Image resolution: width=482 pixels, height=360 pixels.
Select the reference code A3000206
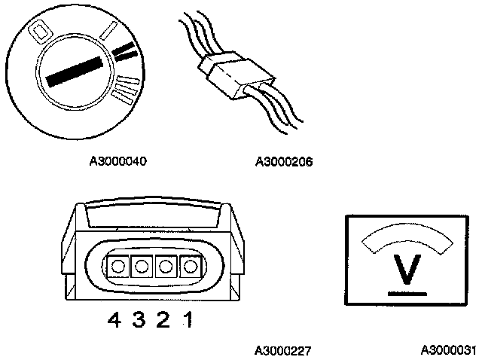[284, 161]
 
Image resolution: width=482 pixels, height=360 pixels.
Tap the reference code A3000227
[283, 350]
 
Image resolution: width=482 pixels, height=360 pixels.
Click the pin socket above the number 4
[117, 265]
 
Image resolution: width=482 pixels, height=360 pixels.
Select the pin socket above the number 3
[141, 265]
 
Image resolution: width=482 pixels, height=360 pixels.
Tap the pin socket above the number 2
[165, 265]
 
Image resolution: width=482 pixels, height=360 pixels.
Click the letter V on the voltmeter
[407, 270]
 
